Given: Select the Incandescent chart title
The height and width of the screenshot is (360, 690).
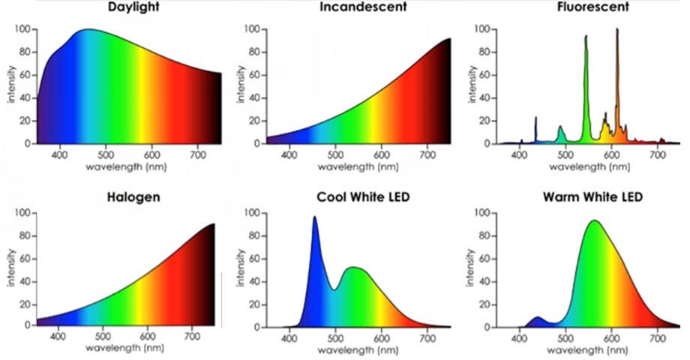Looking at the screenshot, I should [364, 7].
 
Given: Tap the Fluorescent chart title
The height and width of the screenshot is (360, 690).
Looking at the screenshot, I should [593, 7].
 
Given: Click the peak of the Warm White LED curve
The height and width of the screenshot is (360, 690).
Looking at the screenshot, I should [594, 221].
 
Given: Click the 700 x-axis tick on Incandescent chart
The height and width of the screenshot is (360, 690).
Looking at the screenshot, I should [428, 154].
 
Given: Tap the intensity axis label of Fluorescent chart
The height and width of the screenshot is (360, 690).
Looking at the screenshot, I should [472, 86].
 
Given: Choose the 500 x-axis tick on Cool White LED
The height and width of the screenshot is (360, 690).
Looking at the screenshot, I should [335, 338].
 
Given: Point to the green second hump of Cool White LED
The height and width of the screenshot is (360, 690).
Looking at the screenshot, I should [354, 268].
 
